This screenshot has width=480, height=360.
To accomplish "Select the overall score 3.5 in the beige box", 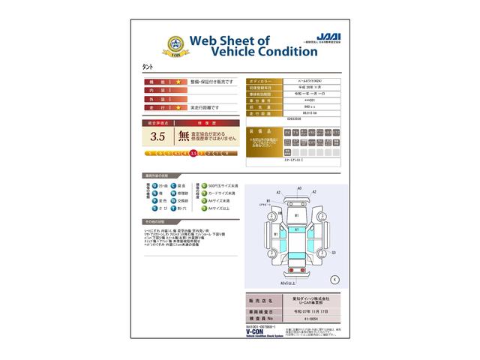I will point(157,136).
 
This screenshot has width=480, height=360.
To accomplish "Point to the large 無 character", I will point(184,136).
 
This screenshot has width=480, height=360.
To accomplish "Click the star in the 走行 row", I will point(178,107).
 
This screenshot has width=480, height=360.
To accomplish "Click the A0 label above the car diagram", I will point(299,188).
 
